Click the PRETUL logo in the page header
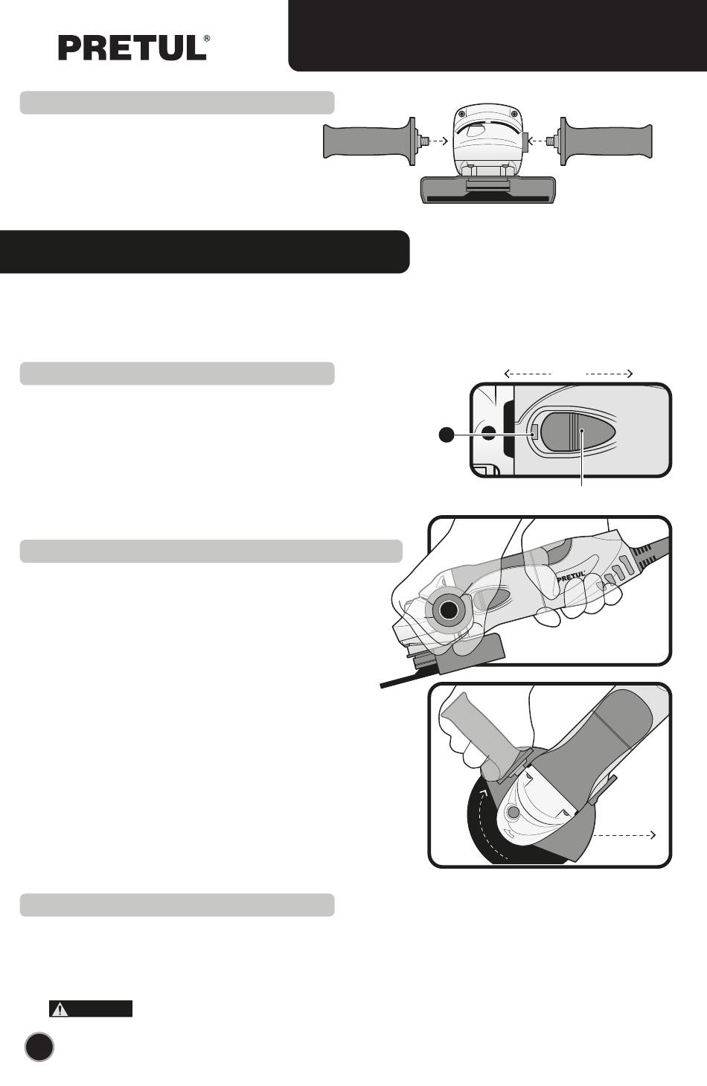click(132, 48)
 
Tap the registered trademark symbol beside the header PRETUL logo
click(207, 38)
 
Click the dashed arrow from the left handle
click(438, 141)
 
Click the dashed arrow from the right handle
click(537, 141)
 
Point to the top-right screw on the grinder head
click(512, 113)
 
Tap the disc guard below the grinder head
click(487, 190)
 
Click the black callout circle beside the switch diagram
click(447, 435)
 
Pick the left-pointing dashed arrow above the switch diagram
click(528, 374)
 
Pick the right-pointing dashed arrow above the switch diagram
click(609, 374)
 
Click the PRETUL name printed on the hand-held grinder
click(571, 576)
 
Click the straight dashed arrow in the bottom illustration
click(624, 835)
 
